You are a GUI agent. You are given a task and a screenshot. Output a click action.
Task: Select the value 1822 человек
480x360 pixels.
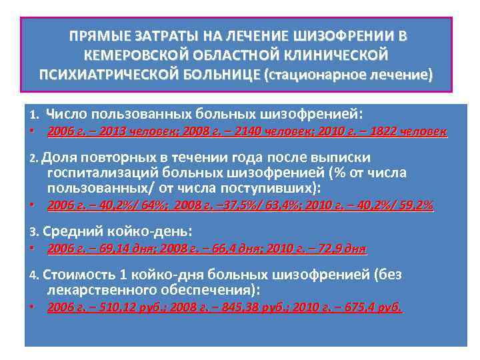tap(409, 132)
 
